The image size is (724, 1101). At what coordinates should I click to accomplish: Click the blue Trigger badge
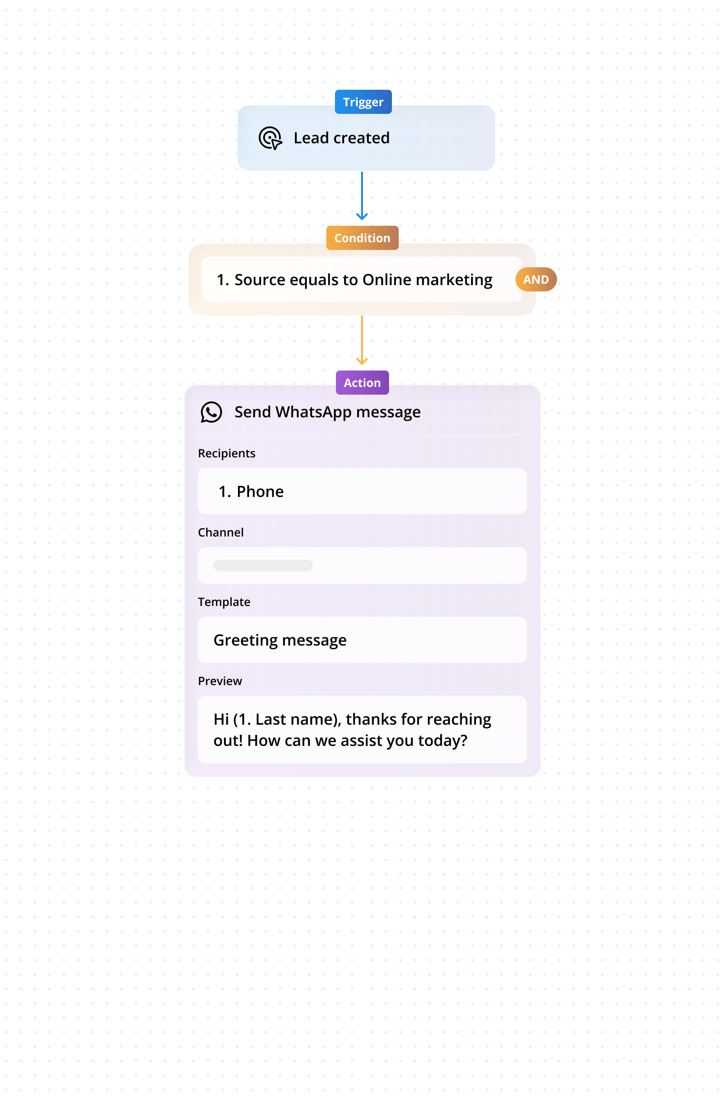point(363,102)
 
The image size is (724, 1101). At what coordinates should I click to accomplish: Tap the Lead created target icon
point(270,138)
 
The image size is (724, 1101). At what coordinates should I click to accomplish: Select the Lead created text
point(341,138)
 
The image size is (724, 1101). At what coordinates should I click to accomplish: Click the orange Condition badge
point(362,238)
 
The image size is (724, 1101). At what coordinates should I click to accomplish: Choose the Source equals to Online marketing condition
point(354,280)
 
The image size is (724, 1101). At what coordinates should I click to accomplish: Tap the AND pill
point(536,280)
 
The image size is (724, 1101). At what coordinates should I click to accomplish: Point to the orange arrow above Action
point(362,341)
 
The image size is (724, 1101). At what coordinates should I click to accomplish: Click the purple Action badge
point(362,383)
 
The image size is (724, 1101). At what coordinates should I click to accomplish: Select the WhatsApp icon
point(211,412)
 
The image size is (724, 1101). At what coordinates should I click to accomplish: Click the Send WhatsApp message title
point(327,412)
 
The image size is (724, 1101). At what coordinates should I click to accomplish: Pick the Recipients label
point(226,454)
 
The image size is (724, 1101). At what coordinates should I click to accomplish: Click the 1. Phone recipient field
point(362,491)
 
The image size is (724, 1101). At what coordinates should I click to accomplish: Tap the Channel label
point(221,533)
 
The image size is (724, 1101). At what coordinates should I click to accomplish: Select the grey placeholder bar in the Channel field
point(263,565)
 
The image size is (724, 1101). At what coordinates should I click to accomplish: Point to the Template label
point(224,602)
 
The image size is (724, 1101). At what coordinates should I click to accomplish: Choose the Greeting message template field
point(362,640)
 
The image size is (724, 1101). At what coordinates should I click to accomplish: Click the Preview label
point(220,681)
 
